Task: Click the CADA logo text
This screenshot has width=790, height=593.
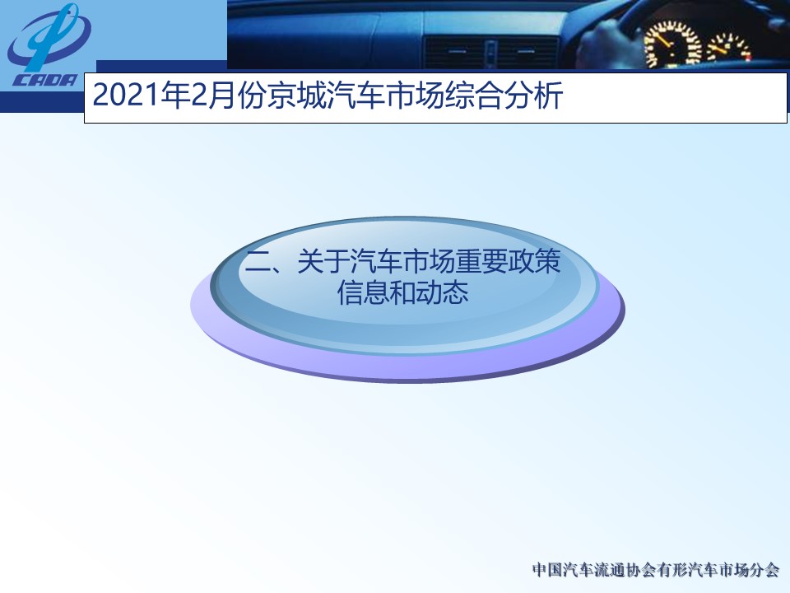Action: tap(45, 81)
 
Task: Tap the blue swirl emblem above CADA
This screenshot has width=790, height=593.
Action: tap(49, 37)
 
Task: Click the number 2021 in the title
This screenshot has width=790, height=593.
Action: tap(127, 96)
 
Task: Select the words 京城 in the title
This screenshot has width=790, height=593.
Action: tap(295, 96)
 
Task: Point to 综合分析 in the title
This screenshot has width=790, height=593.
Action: tap(504, 96)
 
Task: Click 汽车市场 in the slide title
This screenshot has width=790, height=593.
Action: tap(385, 96)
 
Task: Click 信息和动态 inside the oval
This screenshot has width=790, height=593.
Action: tap(403, 292)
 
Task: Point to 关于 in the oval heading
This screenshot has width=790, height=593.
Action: tap(323, 261)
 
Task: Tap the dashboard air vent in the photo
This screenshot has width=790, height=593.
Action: tap(492, 53)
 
